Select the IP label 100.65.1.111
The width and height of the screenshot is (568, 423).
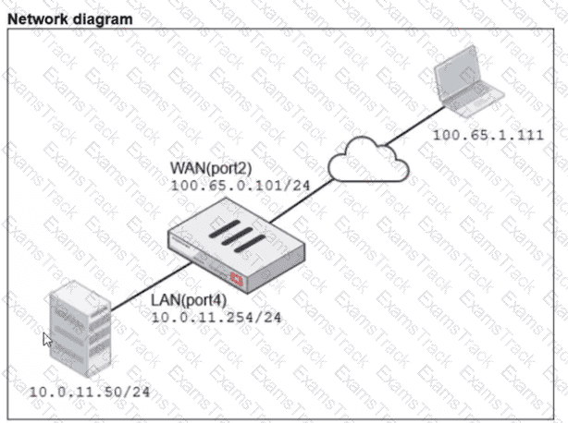pos(488,136)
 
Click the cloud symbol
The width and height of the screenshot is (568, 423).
pos(368,161)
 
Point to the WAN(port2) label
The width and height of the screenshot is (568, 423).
pos(211,168)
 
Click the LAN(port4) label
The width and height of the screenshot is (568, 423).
pos(188,301)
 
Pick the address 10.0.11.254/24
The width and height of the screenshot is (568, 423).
pos(216,318)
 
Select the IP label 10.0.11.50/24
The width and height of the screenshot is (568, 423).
pos(89,392)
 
